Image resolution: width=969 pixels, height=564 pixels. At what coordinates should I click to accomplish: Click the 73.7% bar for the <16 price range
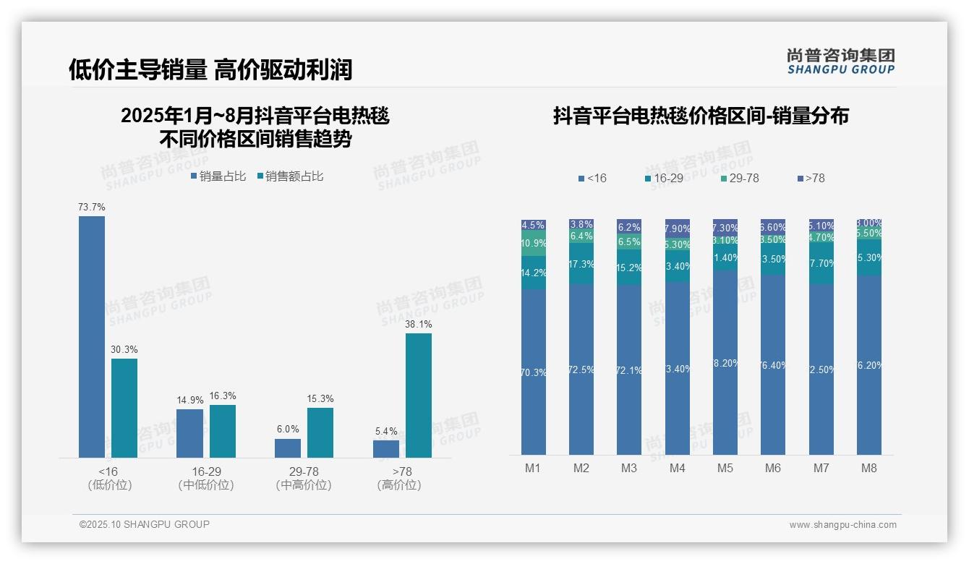(92, 336)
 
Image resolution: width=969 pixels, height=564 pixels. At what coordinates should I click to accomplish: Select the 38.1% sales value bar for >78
(419, 395)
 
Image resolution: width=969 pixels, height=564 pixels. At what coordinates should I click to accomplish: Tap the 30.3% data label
(124, 350)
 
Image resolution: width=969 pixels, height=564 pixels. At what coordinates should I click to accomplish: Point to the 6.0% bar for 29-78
(288, 448)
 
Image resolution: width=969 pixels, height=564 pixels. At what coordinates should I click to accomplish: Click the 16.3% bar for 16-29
(223, 431)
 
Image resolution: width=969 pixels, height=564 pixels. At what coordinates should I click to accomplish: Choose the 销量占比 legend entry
(218, 176)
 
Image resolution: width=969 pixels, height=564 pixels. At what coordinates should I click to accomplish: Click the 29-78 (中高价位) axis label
(304, 478)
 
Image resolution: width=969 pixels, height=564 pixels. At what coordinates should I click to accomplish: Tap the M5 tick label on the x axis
(725, 468)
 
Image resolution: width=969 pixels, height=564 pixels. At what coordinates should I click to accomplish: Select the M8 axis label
(869, 468)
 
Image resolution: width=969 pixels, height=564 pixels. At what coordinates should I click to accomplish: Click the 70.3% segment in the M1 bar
(534, 372)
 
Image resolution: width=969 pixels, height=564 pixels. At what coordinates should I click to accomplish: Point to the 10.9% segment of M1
(534, 244)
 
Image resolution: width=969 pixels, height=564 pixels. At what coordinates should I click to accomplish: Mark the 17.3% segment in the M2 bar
(581, 264)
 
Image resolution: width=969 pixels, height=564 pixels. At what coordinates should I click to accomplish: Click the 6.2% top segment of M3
(629, 226)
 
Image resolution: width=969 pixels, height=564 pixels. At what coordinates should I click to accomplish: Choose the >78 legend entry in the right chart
(811, 178)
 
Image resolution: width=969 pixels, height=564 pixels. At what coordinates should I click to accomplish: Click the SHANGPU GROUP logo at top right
(841, 61)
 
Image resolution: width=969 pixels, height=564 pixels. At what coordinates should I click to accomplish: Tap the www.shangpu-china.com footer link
(842, 525)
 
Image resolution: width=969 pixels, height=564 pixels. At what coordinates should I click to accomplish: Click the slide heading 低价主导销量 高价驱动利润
(210, 69)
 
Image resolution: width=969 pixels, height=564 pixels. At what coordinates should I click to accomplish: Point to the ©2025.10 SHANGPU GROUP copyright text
(145, 524)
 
